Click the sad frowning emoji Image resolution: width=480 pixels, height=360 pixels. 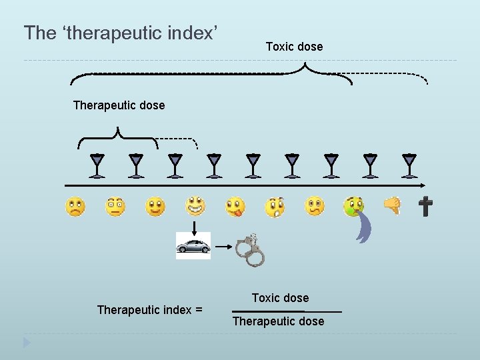pos(75,207)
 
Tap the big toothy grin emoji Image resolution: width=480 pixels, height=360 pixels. pos(195,205)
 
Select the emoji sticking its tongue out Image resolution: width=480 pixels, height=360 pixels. pos(235,207)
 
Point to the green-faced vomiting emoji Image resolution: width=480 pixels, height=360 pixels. pos(353,206)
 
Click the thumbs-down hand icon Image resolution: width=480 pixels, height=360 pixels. pos(393,205)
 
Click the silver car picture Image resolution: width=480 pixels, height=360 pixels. pos(193,245)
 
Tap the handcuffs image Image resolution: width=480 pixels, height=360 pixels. pos(249,249)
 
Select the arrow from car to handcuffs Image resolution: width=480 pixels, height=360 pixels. pos(221,246)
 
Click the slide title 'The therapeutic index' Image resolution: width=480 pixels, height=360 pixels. pos(121,33)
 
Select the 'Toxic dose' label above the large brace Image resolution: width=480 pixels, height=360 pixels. pos(294,47)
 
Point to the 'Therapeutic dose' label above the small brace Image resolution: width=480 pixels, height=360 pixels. pos(119,105)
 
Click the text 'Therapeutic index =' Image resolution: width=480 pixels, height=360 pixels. pos(149,309)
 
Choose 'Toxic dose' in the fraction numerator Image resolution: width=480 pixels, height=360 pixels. pos(280,298)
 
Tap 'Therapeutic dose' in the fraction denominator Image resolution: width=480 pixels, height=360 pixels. pos(278,321)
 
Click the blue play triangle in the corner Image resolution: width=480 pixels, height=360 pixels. pos(26,343)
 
